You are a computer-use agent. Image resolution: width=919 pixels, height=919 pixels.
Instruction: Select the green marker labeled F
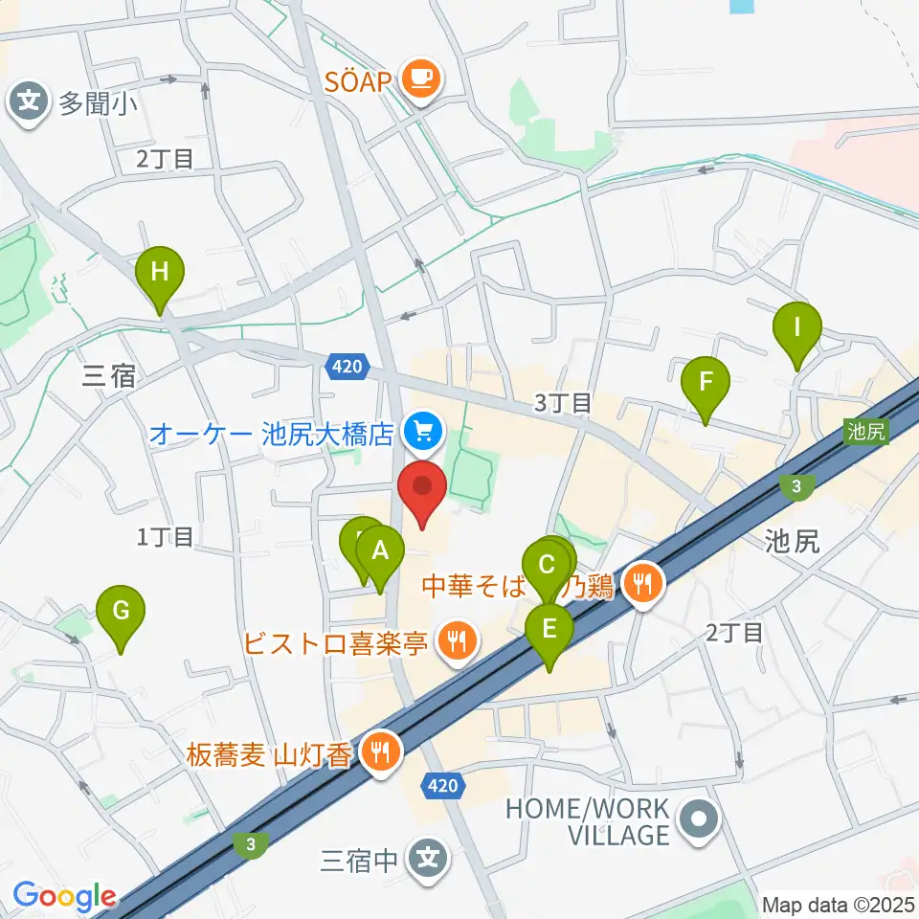click(706, 384)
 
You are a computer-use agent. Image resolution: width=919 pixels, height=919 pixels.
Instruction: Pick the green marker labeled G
click(121, 612)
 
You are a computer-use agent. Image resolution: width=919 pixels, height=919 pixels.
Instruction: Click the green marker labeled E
click(549, 630)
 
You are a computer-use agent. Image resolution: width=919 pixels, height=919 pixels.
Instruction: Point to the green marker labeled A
click(380, 551)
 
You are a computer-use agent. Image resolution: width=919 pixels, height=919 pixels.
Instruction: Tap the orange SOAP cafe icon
click(421, 78)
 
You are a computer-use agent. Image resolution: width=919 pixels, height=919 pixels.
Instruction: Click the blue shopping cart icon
click(422, 434)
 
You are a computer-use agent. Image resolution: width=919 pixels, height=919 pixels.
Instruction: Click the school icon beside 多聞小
click(30, 101)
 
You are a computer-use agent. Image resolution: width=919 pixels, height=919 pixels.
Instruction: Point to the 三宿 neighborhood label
click(109, 376)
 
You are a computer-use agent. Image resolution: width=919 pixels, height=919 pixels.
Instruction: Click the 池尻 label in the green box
click(867, 432)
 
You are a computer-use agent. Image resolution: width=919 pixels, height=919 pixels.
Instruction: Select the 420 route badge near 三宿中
click(441, 786)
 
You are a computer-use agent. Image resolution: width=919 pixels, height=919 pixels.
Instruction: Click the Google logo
click(65, 897)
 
